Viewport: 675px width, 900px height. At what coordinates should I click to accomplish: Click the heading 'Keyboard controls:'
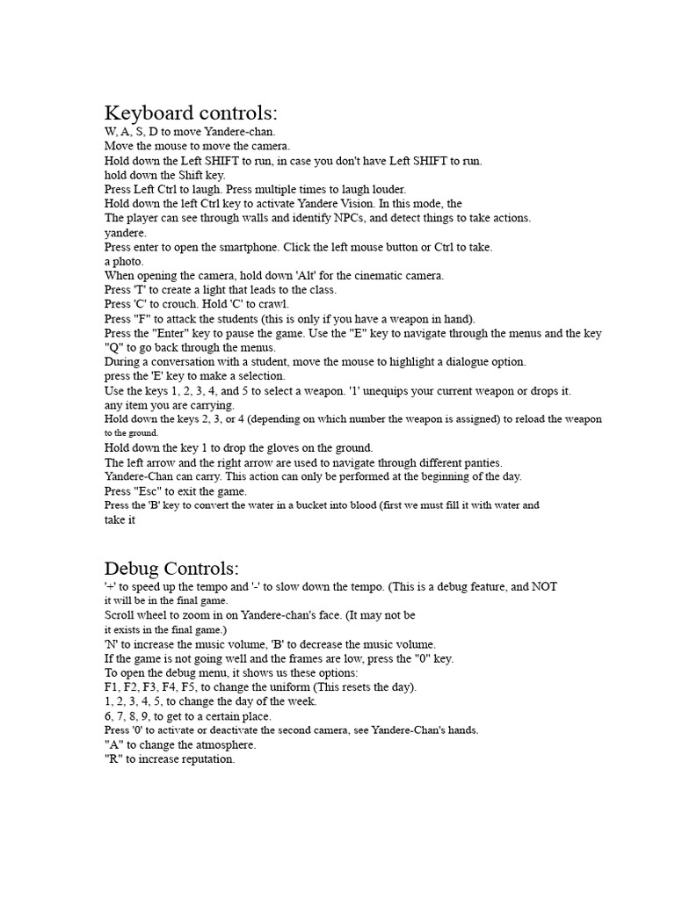[x=191, y=113]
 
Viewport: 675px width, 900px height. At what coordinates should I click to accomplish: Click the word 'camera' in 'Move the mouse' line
[x=270, y=146]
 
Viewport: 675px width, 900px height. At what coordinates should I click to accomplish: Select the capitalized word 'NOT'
[x=544, y=586]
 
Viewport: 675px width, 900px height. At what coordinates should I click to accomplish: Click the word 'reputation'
[x=203, y=759]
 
